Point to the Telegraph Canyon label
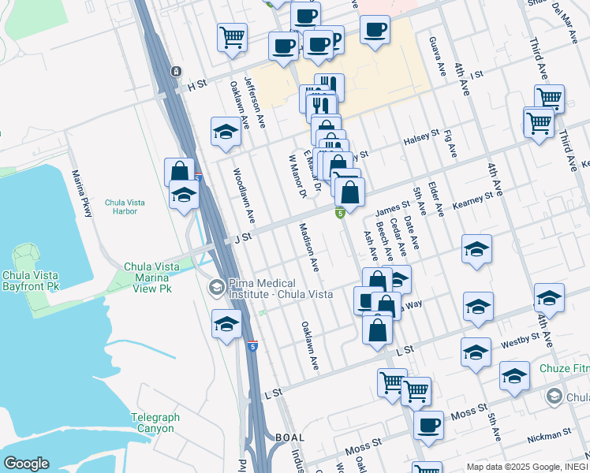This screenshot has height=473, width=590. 155,423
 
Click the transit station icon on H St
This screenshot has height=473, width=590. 175,72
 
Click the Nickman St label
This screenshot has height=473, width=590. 551,434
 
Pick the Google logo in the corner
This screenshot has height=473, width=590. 26,464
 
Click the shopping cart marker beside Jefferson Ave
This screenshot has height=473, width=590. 233,37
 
